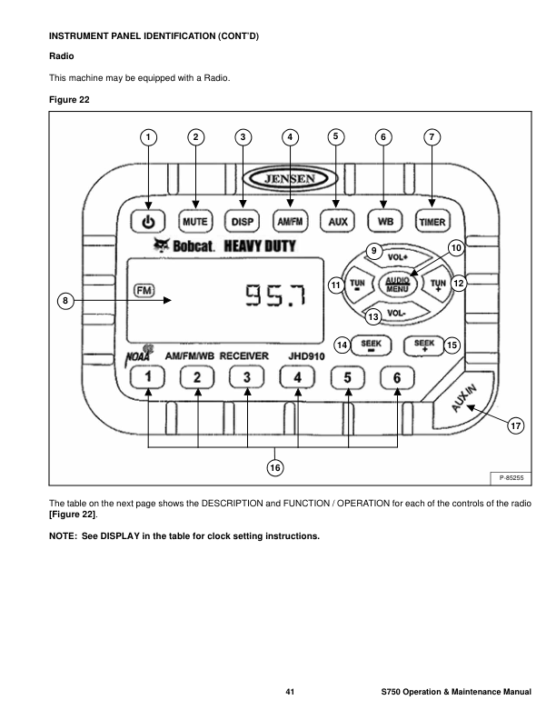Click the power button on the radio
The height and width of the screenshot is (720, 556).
click(x=149, y=221)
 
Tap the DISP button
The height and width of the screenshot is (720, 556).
click(x=243, y=221)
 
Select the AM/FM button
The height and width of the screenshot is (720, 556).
click(x=290, y=221)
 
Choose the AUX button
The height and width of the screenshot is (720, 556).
click(x=337, y=221)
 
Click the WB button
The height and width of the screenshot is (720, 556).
click(x=384, y=221)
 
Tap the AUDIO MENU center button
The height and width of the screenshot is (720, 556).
click(x=397, y=284)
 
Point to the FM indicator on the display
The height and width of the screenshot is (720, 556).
click(x=144, y=290)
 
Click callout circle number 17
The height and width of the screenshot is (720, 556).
click(x=515, y=425)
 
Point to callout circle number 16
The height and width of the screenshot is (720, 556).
click(x=273, y=466)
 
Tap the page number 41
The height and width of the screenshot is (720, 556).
click(x=290, y=693)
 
